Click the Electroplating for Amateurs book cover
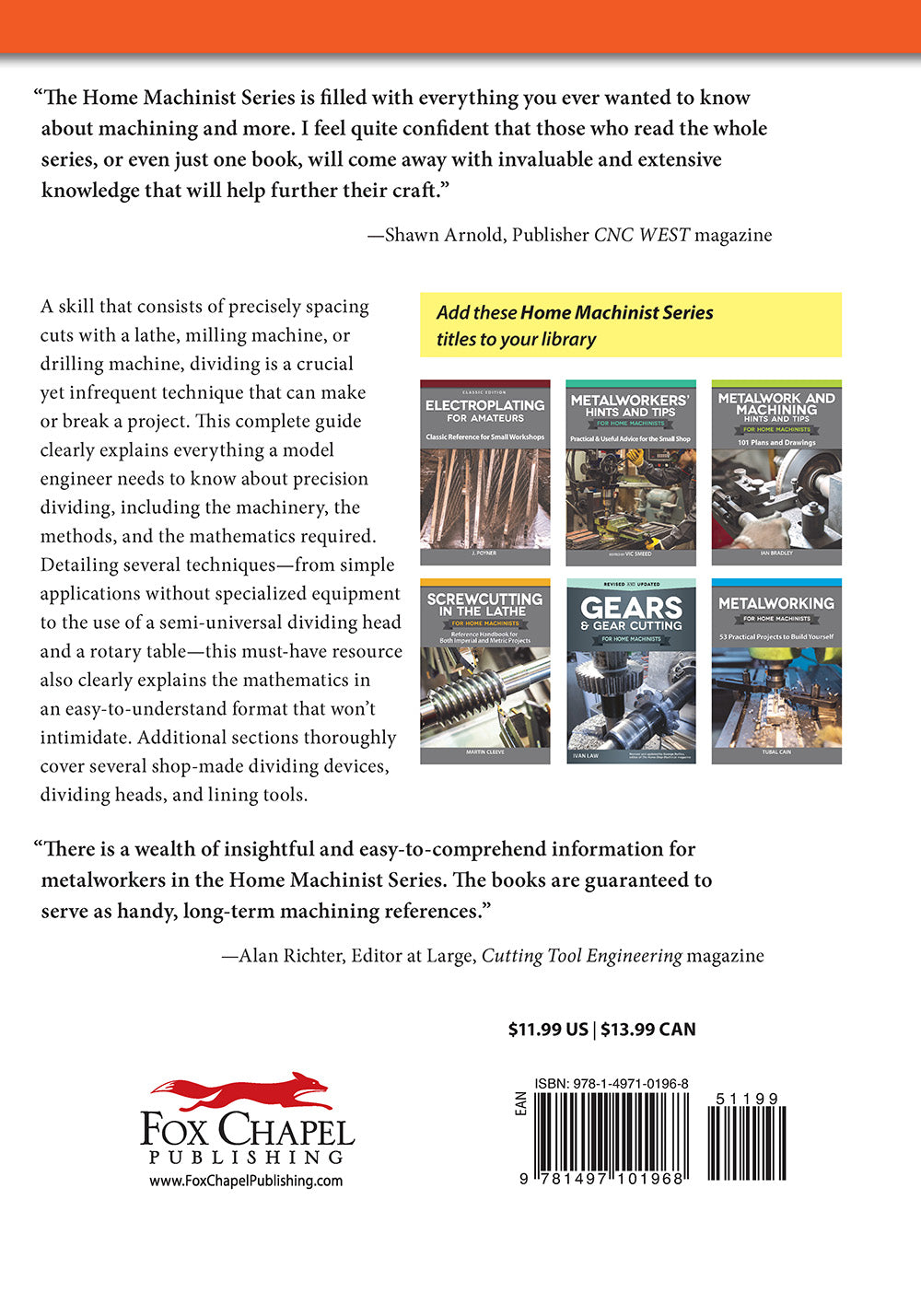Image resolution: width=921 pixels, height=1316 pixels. [484, 472]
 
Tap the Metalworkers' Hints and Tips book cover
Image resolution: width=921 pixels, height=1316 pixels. [630, 472]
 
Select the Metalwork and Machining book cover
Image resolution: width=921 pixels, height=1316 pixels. [775, 472]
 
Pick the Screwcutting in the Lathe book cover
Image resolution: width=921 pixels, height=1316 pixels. [484, 671]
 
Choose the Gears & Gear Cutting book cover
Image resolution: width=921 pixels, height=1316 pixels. [630, 671]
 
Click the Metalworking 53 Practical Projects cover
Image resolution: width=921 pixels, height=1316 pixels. [775, 671]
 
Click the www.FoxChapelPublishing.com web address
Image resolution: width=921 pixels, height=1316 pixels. [246, 1181]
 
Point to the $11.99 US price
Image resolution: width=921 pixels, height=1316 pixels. [548, 1030]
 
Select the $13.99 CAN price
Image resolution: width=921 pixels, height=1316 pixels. [648, 1030]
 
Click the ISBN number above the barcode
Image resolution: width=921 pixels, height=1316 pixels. [611, 1084]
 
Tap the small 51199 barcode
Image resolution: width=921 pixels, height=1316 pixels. [746, 1142]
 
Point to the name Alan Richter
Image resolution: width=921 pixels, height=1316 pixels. [289, 956]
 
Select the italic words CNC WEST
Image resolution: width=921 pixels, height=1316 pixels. [641, 235]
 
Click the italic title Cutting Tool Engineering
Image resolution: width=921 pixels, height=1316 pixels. [581, 956]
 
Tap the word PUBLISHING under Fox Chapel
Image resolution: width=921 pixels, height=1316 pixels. [246, 1157]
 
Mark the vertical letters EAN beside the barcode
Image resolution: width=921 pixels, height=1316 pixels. [521, 1104]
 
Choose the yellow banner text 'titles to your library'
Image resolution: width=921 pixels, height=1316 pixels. [516, 339]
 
